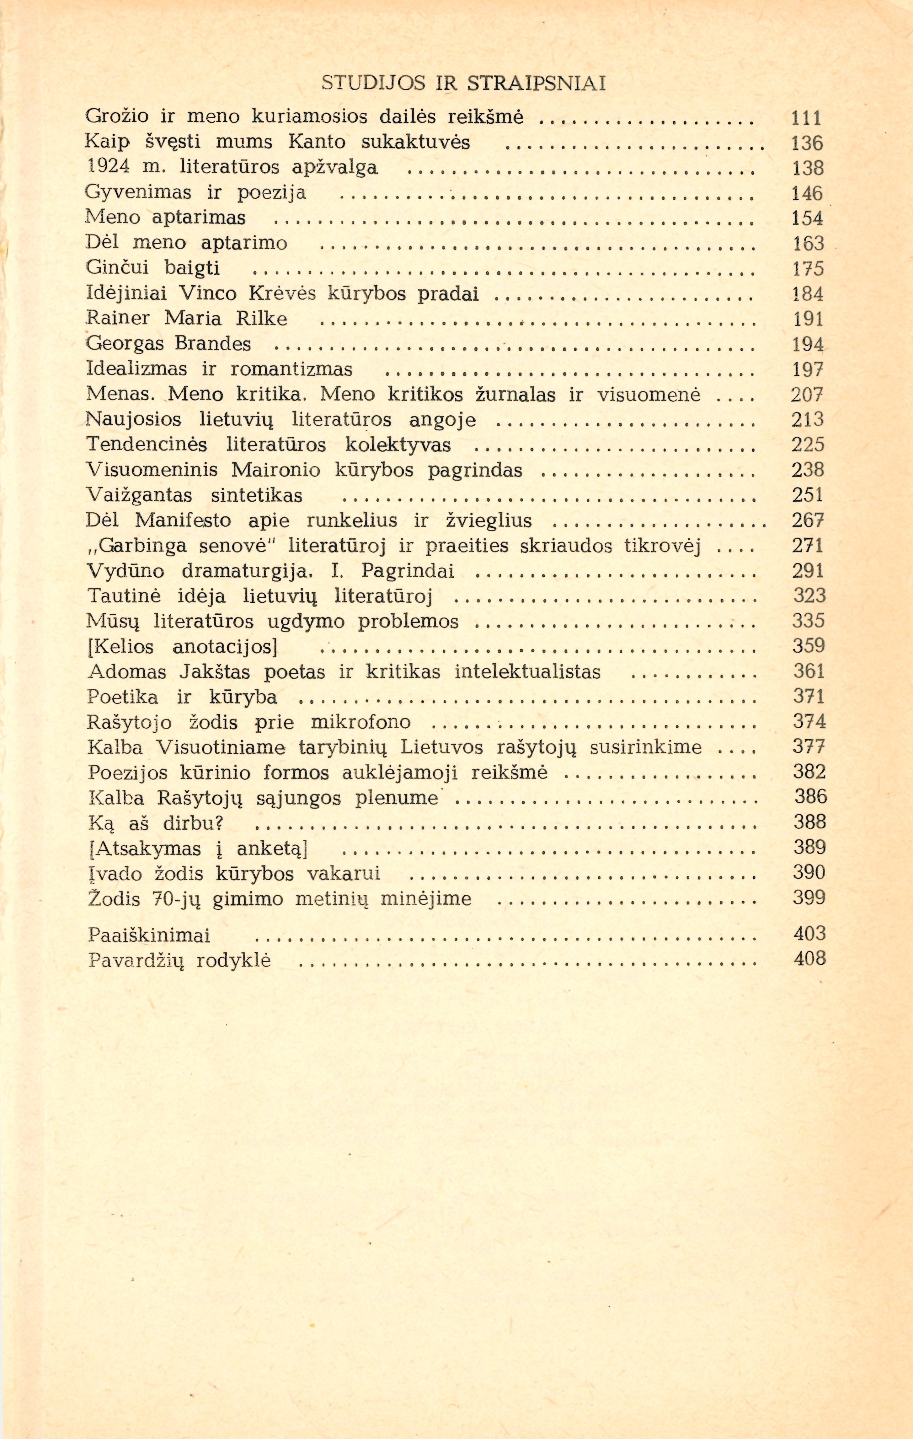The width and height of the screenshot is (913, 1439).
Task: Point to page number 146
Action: pos(807,193)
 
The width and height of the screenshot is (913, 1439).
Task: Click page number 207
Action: pos(807,394)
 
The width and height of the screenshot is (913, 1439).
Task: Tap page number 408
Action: pos(810,958)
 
